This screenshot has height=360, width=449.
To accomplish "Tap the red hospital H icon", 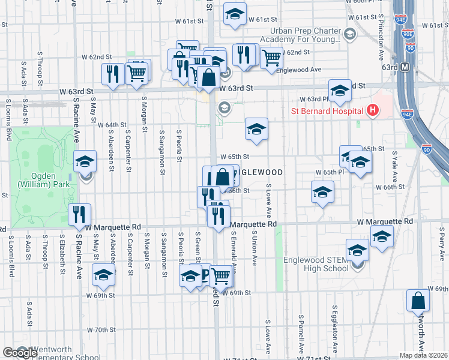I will click(373, 110).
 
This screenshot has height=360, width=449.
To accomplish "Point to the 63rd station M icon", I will click(405, 66).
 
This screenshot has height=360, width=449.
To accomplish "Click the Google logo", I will click(20, 353).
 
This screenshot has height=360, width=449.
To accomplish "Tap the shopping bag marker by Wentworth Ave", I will click(418, 301).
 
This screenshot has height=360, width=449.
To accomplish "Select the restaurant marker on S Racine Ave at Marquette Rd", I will click(79, 215).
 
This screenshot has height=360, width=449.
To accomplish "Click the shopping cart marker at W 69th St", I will click(221, 275).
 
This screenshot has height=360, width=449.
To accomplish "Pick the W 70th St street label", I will click(101, 330).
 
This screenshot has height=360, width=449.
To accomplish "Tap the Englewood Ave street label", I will click(303, 70).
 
